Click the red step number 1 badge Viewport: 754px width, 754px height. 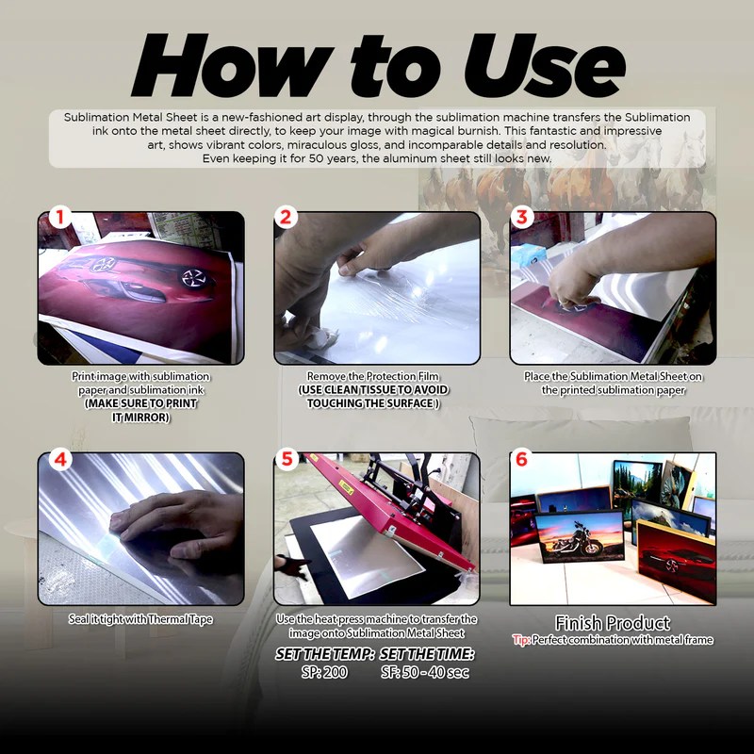coord(59,218)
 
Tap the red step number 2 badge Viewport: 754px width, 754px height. coord(286,218)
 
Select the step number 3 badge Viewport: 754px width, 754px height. coord(522,218)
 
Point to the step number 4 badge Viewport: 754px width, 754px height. coord(60,459)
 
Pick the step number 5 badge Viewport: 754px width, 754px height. coord(287,458)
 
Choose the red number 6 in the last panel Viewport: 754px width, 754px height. coord(521,459)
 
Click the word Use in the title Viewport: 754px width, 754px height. coord(545,65)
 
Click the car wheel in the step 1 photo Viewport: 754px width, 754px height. coord(195,278)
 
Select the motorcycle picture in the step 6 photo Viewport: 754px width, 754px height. coord(579,536)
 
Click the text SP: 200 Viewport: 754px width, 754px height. coord(324,672)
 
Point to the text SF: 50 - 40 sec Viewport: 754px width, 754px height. coord(425,672)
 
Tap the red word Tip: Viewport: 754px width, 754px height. coord(521,640)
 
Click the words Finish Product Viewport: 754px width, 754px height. coord(612,623)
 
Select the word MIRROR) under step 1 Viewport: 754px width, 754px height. coord(147,418)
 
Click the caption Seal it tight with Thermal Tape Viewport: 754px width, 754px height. coord(140,619)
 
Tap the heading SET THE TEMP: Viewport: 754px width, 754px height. coord(324,654)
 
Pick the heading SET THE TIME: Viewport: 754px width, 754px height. coord(427,654)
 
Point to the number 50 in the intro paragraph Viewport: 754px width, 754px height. coord(316,158)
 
